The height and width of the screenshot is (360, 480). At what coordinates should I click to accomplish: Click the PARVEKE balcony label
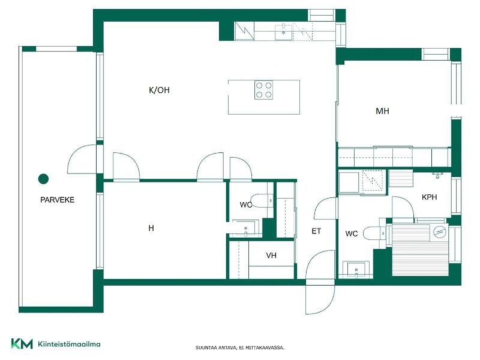[x=57, y=200]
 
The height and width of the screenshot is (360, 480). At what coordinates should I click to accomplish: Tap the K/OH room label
[x=159, y=90]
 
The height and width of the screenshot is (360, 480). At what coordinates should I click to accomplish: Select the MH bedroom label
[x=382, y=111]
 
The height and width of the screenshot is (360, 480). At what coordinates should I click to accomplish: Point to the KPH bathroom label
[x=429, y=197]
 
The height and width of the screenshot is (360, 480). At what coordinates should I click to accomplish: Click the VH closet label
[x=271, y=256]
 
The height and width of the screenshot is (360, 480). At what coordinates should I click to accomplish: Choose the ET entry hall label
[x=316, y=231]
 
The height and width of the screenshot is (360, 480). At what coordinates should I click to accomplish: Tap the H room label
[x=151, y=228]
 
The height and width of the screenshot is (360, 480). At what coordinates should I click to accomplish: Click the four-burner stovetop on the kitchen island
[x=264, y=90]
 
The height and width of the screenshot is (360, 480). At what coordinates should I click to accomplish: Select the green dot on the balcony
[x=43, y=179]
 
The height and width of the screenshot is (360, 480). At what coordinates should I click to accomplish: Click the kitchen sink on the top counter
[x=283, y=32]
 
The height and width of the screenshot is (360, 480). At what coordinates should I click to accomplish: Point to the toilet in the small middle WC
[x=261, y=200]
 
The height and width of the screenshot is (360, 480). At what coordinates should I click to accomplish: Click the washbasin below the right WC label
[x=356, y=269]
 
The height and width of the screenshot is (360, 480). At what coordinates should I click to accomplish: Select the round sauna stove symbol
[x=440, y=232]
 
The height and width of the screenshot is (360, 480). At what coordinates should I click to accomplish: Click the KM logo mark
[x=22, y=344]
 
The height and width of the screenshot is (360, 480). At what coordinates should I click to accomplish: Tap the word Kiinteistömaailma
[x=69, y=344]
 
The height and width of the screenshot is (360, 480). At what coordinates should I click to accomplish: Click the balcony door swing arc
[x=81, y=159]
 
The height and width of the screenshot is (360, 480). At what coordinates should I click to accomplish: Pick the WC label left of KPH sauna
[x=352, y=234]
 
